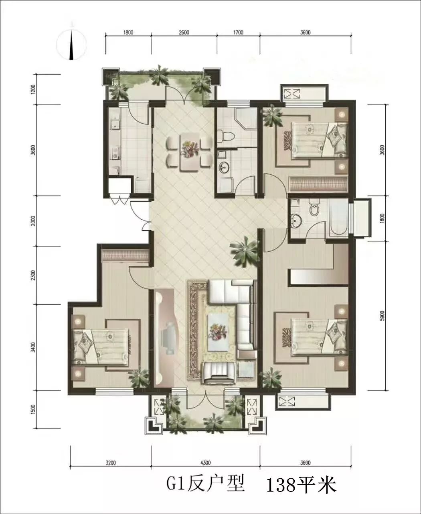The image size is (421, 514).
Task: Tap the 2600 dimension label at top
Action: pyautogui.click(x=184, y=33)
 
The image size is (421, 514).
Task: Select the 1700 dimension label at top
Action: pyautogui.click(x=238, y=33)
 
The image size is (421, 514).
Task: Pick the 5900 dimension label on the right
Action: pyautogui.click(x=382, y=316)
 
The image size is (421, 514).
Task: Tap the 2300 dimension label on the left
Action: pyautogui.click(x=33, y=275)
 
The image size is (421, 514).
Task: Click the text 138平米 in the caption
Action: pyautogui.click(x=302, y=491)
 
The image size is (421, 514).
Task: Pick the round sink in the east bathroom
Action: pyautogui.click(x=296, y=220)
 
